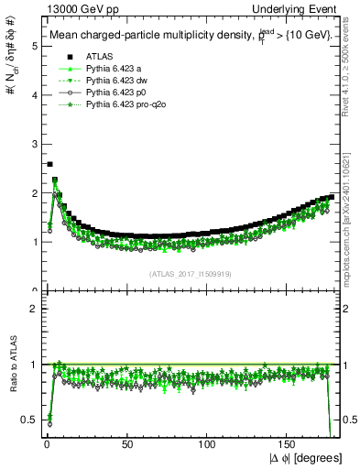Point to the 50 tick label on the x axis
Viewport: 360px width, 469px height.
(x=126, y=443)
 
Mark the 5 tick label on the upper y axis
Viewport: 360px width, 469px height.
(x=34, y=47)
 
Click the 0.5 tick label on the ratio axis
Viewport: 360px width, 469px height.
(x=30, y=420)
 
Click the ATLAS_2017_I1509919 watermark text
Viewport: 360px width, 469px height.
(x=191, y=273)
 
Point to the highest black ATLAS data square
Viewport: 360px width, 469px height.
(x=49, y=164)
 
